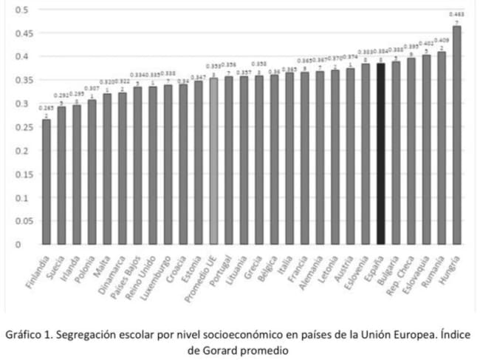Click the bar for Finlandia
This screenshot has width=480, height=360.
[47, 181]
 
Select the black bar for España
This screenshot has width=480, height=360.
[380, 153]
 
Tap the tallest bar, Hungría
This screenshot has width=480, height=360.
[457, 135]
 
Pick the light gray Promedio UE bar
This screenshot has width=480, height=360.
[213, 160]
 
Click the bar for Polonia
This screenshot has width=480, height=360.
[92, 171]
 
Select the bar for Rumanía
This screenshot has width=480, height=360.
[442, 147]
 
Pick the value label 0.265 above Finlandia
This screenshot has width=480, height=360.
[46, 108]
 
